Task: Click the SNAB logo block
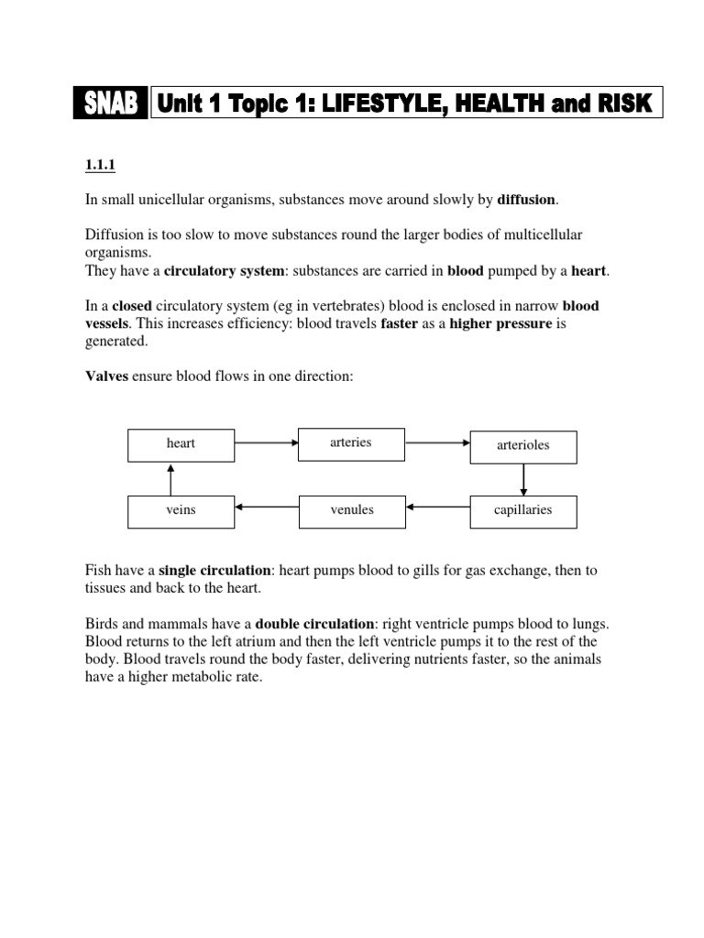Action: pyautogui.click(x=110, y=104)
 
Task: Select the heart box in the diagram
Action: pyautogui.click(x=181, y=444)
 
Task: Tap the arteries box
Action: pyautogui.click(x=351, y=443)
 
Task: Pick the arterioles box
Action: pyautogui.click(x=523, y=446)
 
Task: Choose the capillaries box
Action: pyautogui.click(x=523, y=510)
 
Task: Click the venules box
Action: pyautogui.click(x=351, y=510)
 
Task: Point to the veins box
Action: pyautogui.click(x=181, y=510)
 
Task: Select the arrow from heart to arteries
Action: pyautogui.click(x=266, y=443)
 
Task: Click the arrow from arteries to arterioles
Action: pyautogui.click(x=437, y=443)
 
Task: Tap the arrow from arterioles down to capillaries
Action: pyautogui.click(x=523, y=478)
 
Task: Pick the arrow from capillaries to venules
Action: pyautogui.click(x=437, y=507)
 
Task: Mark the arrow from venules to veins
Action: pyautogui.click(x=266, y=507)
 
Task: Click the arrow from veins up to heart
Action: pyautogui.click(x=170, y=478)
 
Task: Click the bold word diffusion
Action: pyautogui.click(x=526, y=201)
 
